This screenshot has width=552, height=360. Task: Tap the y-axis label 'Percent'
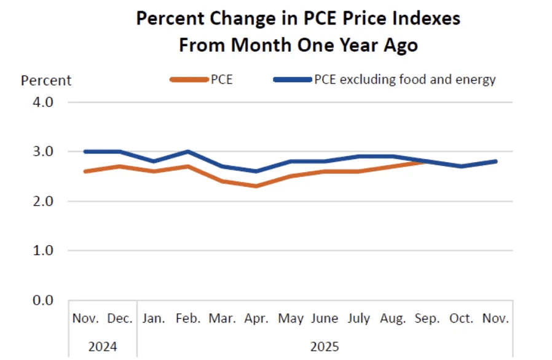click(46, 80)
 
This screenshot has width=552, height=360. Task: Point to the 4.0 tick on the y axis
click(43, 102)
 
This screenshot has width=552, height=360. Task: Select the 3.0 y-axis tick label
click(43, 152)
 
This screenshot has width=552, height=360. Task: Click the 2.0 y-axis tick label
click(43, 202)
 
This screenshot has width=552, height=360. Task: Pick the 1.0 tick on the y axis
click(43, 251)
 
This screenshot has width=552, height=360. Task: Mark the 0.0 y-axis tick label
click(43, 300)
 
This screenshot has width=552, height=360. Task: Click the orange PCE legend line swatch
click(187, 79)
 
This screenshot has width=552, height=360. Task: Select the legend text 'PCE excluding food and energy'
click(404, 79)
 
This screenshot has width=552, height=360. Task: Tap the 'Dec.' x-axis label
click(120, 318)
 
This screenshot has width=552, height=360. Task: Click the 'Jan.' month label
click(154, 318)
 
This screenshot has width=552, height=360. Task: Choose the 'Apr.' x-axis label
click(256, 318)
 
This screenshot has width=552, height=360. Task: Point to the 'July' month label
click(359, 318)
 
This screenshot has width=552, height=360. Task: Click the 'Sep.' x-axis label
click(427, 318)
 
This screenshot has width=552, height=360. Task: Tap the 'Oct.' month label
click(462, 318)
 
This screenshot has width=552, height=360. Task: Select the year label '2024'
click(102, 345)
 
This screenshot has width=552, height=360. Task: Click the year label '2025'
click(325, 345)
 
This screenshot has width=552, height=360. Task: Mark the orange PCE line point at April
click(256, 186)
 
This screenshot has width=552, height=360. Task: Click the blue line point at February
click(187, 152)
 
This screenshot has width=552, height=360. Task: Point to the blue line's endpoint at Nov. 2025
click(495, 162)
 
